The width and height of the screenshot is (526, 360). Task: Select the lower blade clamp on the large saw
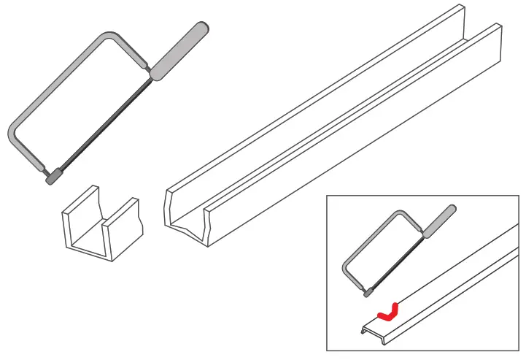pos(53,177)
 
